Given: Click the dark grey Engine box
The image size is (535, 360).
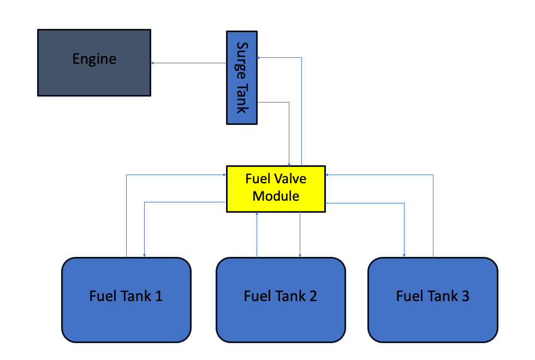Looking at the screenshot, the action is [94, 63].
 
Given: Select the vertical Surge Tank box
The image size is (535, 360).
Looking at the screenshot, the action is [242, 77].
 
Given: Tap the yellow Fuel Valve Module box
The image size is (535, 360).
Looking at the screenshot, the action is [276, 189].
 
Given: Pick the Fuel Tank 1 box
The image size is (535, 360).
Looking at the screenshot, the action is [126, 300].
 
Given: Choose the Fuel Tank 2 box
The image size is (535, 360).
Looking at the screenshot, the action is [281, 300].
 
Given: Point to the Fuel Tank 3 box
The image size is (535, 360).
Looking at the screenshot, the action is [433, 300].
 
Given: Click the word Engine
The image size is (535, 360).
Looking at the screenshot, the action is [94, 59].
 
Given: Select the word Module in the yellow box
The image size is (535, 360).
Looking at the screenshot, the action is [276, 196].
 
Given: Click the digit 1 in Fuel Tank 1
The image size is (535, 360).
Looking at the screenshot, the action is [159, 296].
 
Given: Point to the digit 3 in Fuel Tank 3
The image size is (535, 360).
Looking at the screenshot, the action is [465, 296].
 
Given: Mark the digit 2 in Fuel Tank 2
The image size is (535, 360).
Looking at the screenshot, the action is [313, 296].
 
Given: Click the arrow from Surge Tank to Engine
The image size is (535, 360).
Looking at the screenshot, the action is [189, 63].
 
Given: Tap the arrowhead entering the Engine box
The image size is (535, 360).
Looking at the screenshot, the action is [153, 63].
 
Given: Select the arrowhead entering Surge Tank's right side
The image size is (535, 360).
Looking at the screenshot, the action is [259, 58].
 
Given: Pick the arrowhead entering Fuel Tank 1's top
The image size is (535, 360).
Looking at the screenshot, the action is [144, 255].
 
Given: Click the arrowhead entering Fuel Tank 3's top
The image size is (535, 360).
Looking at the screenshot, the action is [405, 255].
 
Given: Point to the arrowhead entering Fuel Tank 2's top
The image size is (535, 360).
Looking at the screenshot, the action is [300, 255].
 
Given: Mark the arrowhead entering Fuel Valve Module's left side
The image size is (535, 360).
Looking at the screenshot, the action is [224, 175].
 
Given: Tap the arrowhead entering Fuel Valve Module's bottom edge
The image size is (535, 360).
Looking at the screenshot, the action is [257, 214].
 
